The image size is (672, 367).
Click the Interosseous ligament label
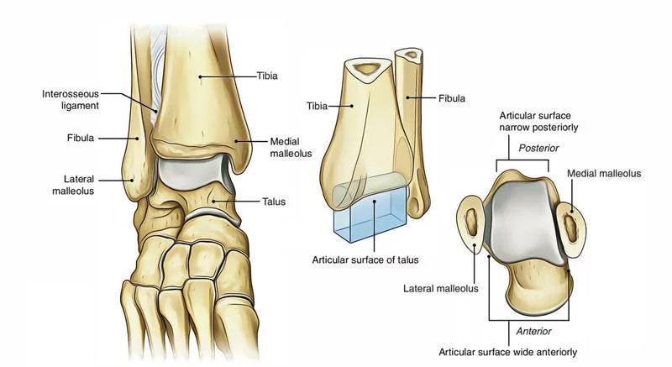point(71,100)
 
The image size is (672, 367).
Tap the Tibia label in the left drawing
point(267,76)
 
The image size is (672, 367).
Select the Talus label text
point(274,202)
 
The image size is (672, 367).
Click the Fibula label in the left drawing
point(80,138)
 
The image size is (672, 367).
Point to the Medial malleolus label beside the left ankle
point(291,147)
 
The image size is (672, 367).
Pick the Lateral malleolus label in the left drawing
point(73,185)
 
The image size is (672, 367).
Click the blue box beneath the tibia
point(370,215)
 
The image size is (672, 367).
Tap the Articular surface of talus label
point(365,260)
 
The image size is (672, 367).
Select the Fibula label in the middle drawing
point(452,98)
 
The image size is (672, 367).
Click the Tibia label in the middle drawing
point(318,106)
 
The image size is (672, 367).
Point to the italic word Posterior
point(538,148)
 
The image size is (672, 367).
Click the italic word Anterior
point(534,331)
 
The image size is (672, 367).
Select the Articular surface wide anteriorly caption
point(508,352)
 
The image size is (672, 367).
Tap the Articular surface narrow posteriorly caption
point(538,121)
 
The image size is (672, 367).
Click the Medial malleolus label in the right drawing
point(604,174)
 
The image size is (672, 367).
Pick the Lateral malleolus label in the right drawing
point(440,288)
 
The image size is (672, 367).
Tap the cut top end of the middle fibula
point(409,55)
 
